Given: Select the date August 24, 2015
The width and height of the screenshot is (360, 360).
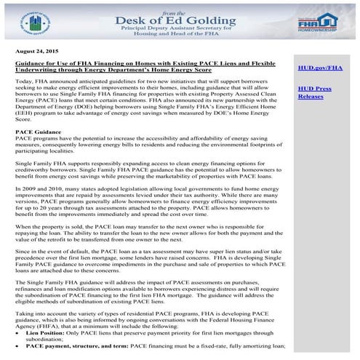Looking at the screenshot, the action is click(x=37, y=53).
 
